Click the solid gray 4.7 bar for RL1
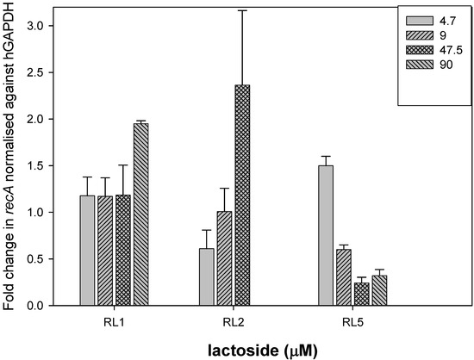(x=87, y=251)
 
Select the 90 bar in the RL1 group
(x=140, y=214)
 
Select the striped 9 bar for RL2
(x=224, y=258)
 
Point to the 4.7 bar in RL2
(x=207, y=276)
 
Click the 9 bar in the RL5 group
(x=343, y=277)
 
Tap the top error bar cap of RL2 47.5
(x=242, y=10)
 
